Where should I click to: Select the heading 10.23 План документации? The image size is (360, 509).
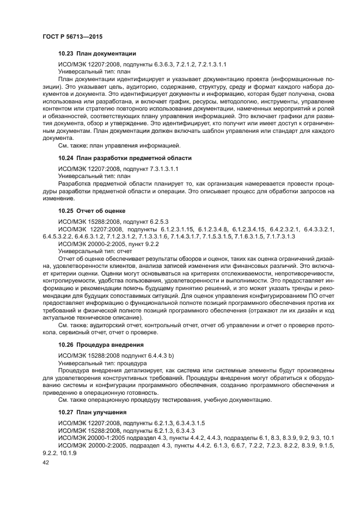97,53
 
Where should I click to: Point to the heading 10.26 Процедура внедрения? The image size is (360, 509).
101,345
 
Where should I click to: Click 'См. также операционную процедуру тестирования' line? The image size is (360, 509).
164,399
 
